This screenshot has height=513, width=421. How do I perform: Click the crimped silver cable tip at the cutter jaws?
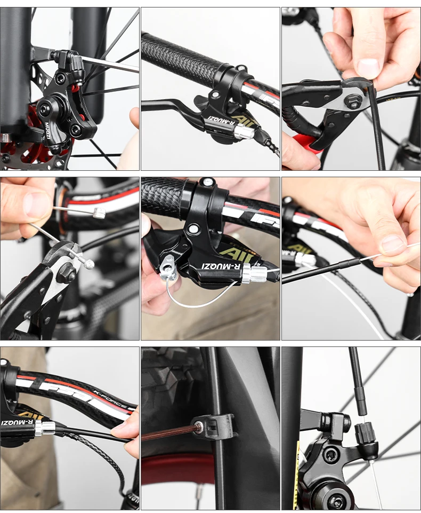[x=87, y=263]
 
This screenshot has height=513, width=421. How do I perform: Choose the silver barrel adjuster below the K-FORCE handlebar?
[x=45, y=427]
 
